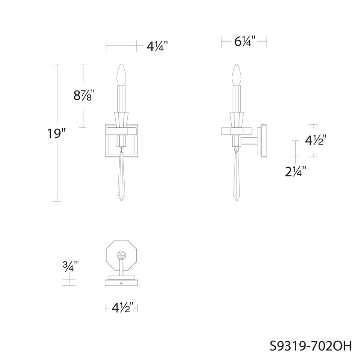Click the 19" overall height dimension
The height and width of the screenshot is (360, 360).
57,134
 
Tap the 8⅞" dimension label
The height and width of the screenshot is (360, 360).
84,95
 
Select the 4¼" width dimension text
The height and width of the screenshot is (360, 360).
157,47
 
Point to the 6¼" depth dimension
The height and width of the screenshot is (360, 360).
245,41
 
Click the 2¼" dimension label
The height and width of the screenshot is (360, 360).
296,171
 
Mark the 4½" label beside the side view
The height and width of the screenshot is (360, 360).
316,140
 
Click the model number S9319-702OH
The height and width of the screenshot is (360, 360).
310,346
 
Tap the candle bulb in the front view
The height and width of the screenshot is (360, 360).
121,75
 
